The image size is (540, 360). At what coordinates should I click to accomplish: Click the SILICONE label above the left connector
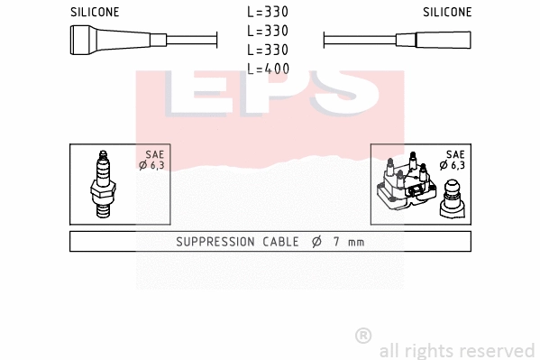(x=95, y=13)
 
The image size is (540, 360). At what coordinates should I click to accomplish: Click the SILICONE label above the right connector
(x=446, y=13)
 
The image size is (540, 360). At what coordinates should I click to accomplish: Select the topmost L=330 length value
(x=269, y=13)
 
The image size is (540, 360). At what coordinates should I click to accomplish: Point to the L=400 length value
(x=269, y=68)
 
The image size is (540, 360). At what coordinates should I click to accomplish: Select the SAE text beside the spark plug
(x=153, y=154)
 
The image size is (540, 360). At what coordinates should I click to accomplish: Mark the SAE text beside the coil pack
(x=453, y=154)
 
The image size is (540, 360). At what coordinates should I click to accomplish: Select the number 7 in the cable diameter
(x=334, y=242)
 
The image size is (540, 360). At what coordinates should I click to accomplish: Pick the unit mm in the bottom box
(x=356, y=242)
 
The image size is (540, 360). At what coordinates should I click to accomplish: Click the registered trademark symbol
(x=363, y=336)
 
